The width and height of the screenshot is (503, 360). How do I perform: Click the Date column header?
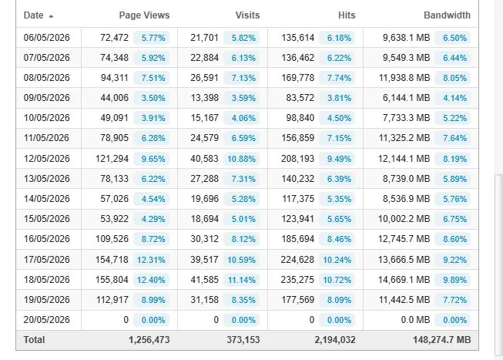[x=33, y=15]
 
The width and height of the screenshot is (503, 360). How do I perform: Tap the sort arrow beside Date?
[x=51, y=16]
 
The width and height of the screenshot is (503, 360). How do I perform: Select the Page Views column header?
[x=144, y=15]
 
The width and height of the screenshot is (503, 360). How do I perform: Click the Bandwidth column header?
[x=447, y=15]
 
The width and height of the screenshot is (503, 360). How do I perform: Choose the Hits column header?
[x=347, y=15]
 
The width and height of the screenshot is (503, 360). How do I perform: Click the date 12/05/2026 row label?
[x=46, y=159]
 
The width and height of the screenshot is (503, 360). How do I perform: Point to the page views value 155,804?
[x=112, y=280]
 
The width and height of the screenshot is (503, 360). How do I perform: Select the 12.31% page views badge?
[x=151, y=260]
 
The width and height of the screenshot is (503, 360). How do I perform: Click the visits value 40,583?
[x=204, y=159]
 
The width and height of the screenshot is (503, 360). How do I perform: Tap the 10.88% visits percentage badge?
[x=242, y=159]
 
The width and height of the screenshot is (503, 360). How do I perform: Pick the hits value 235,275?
[x=297, y=280]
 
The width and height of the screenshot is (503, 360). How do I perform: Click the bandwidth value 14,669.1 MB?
[x=404, y=280]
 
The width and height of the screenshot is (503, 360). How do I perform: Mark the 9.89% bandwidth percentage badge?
[x=455, y=280]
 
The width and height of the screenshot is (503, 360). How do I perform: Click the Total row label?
[x=34, y=340]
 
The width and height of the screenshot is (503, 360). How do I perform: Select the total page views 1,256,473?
[x=149, y=340]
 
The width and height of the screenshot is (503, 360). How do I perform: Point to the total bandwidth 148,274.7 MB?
[x=441, y=340]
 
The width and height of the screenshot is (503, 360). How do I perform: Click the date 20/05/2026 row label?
[x=46, y=320]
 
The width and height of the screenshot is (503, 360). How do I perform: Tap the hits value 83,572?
[x=300, y=98]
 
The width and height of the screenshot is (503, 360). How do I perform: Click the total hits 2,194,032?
[x=335, y=340]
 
